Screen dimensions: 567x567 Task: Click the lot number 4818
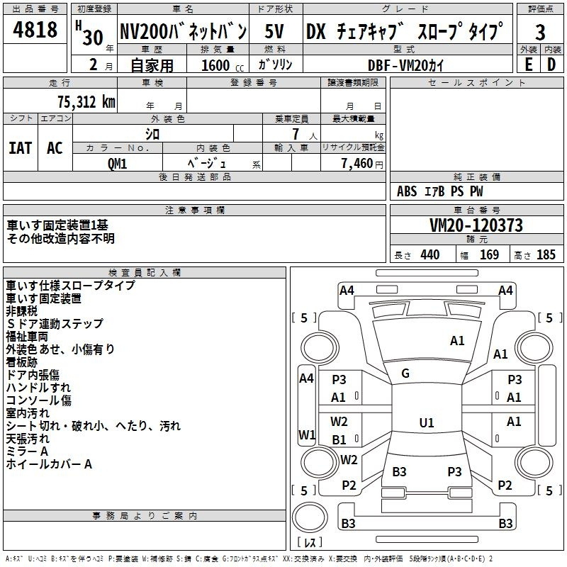tap(35, 29)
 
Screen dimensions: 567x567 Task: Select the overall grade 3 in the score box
tap(540, 32)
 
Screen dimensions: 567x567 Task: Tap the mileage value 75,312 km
tap(86, 102)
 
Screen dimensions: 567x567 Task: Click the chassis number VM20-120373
tap(476, 225)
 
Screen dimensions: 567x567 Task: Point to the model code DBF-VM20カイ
tap(405, 65)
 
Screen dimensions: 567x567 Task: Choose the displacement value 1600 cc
tap(223, 65)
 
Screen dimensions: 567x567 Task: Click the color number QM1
tap(117, 164)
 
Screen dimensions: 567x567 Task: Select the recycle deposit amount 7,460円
tap(362, 164)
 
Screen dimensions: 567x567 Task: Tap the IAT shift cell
tap(21, 148)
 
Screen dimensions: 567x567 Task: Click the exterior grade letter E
tap(528, 64)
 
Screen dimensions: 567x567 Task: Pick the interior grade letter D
tap(551, 64)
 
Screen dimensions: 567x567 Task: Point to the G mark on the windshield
tap(405, 374)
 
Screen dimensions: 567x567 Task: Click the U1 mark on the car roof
tap(427, 422)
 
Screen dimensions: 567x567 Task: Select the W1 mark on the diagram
tap(307, 434)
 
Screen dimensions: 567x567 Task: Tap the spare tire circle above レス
tap(310, 517)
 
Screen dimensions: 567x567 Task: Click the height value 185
tap(546, 254)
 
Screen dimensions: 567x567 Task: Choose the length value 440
tap(430, 254)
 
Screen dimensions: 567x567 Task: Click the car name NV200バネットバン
tap(183, 31)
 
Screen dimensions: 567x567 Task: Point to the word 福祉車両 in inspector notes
tap(27, 337)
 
